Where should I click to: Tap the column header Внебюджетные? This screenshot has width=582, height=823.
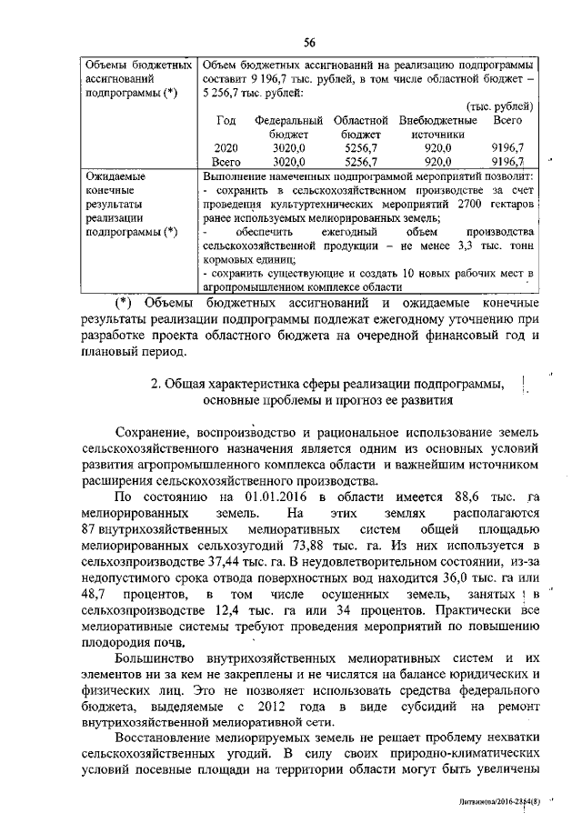[438, 120]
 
